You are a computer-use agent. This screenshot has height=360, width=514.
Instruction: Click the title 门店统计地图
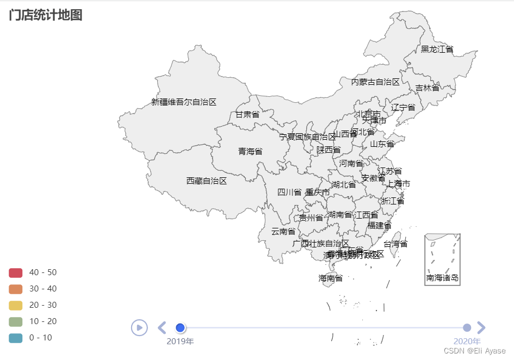point(46,15)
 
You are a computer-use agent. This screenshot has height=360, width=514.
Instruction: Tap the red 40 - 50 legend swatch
point(16,272)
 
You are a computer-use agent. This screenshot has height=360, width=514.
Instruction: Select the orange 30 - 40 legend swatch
point(16,289)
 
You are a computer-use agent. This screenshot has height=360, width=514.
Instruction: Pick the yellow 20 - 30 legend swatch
point(16,305)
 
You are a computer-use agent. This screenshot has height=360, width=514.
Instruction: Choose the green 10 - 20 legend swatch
point(16,321)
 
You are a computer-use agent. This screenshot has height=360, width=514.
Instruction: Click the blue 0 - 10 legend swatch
point(16,338)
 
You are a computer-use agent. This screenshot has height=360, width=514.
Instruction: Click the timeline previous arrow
point(162,327)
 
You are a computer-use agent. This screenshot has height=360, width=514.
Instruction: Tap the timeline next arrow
point(481,327)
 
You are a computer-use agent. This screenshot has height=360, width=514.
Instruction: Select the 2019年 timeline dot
point(181,327)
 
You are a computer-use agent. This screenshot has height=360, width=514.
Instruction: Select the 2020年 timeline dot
point(467,327)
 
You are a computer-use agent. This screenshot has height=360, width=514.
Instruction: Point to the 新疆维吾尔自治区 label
point(184,102)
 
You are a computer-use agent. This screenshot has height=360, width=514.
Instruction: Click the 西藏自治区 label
point(207,181)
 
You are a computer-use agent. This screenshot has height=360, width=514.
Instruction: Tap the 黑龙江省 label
point(437,49)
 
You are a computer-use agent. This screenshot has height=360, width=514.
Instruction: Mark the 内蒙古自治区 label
point(375,82)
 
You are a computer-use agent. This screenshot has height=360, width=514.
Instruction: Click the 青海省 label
point(250,151)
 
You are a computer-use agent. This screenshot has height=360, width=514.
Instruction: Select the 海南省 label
point(331,278)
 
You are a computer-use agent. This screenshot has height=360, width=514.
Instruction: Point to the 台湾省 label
point(395,244)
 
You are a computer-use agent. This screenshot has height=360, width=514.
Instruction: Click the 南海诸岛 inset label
point(442,278)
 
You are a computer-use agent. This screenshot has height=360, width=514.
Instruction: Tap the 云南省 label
point(283,231)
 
